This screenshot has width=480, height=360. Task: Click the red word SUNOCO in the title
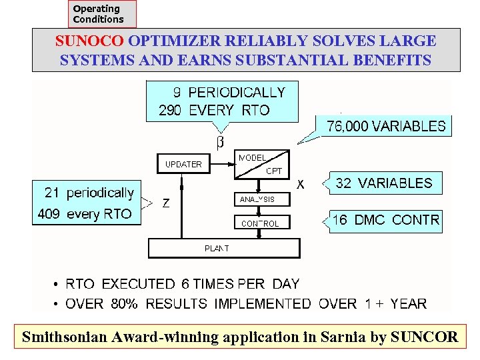[90, 41]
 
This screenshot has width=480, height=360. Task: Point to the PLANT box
[223, 249]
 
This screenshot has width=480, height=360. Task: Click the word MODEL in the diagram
[252, 157]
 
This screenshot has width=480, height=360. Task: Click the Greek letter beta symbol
[220, 142]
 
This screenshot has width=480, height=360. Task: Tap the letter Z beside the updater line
[165, 203]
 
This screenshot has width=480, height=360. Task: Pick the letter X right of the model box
[301, 183]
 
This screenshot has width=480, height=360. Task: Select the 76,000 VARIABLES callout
[386, 125]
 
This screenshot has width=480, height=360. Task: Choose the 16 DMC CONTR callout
[386, 220]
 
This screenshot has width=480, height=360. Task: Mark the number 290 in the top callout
[170, 111]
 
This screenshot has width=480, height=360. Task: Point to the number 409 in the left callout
[50, 214]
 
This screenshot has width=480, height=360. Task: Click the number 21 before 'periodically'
[52, 193]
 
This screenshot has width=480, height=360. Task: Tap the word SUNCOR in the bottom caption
[424, 337]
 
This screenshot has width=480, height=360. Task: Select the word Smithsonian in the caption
[63, 337]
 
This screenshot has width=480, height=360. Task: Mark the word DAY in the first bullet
[286, 284]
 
